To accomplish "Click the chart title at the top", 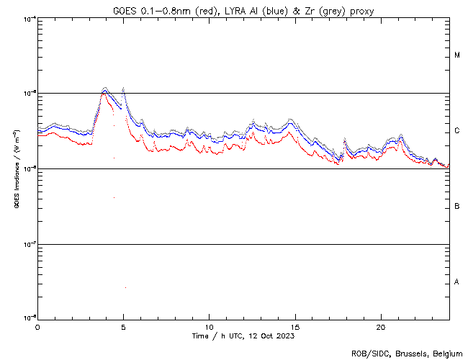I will pos(243,11).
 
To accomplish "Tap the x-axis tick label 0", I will pos(37,326).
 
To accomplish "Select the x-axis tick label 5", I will pos(123,326).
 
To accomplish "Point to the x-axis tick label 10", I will pos(209,326).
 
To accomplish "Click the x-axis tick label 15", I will pos(294,326).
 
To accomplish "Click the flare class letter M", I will pos(457,55).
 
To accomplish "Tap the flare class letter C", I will pos(457,131).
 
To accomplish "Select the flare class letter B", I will pos(457,207).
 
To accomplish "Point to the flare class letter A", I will pos(457,282).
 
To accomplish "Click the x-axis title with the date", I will pos(243,336).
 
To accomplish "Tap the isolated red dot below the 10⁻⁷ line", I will pos(125,287).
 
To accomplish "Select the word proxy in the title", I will pos(360,11).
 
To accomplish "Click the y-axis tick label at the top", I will pos(28,18).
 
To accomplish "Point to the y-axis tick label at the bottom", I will pos(28,318).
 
